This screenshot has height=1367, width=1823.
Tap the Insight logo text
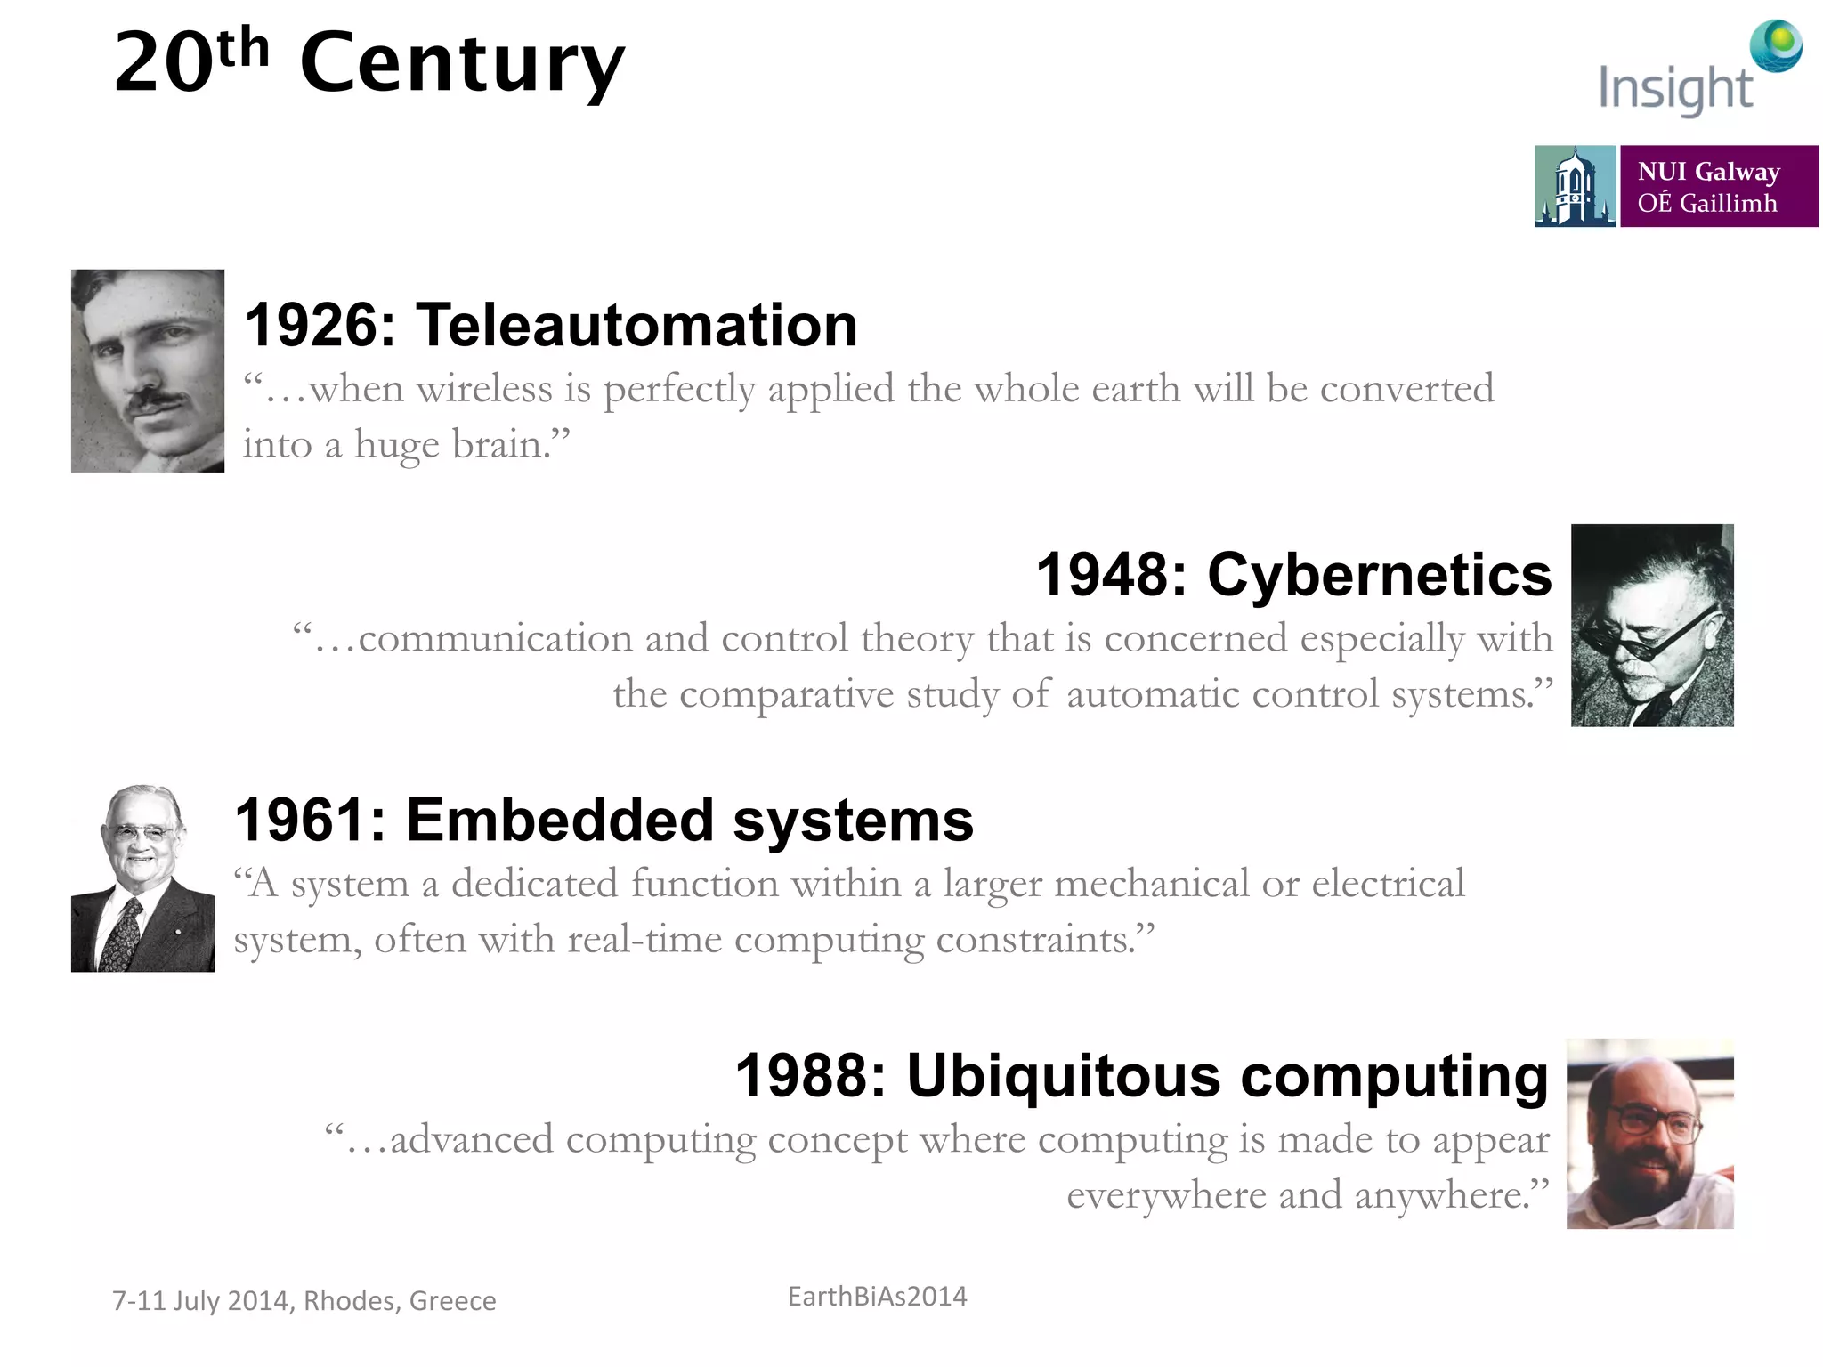(1675, 89)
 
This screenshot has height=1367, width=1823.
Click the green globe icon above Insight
(1776, 45)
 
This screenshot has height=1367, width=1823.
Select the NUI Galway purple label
(1718, 186)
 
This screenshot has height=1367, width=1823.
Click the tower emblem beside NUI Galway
(1574, 186)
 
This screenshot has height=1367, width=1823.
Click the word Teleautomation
(636, 325)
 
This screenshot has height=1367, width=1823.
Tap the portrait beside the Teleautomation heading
(148, 370)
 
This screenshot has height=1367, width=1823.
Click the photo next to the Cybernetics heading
(1651, 626)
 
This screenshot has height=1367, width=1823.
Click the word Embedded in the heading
(560, 820)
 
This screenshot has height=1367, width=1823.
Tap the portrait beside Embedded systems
(142, 878)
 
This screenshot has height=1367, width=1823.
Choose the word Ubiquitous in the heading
(1064, 1075)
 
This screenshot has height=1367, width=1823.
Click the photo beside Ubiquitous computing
(1649, 1134)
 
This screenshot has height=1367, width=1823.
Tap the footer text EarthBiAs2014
(877, 1297)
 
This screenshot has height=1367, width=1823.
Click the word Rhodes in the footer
(351, 1301)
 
